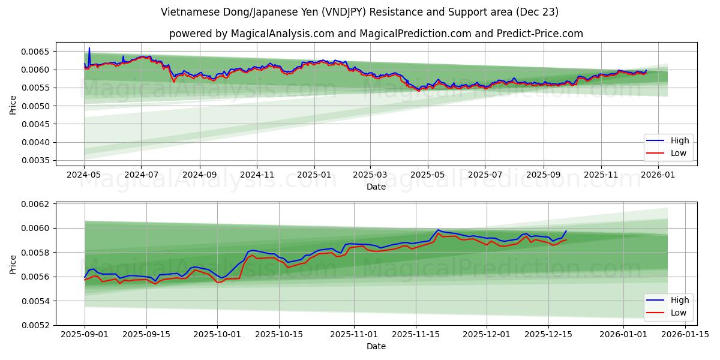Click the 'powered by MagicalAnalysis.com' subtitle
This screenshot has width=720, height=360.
376,34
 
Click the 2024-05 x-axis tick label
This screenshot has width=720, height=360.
84,175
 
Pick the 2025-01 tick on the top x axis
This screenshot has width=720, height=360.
314,175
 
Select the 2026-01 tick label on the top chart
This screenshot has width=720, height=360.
659,175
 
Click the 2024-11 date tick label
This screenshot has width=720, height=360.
257,175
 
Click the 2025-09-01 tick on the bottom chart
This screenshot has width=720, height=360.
85,334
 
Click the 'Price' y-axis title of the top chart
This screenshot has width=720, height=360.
13,106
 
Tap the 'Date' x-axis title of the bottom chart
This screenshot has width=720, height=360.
376,346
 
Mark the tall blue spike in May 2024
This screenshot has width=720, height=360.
89,48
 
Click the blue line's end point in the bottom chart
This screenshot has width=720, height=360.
566,231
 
